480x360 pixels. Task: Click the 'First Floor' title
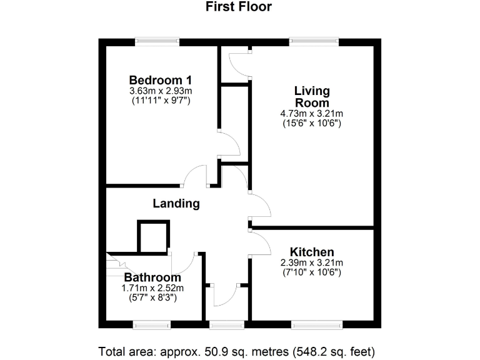[x=239, y=7]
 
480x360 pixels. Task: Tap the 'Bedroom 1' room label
[x=160, y=80]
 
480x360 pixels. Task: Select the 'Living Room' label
[x=312, y=97]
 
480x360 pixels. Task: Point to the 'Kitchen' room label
[x=311, y=252]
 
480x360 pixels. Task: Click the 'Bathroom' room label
[x=152, y=277]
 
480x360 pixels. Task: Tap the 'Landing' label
[x=176, y=203]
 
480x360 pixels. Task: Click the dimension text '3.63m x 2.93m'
[x=160, y=91]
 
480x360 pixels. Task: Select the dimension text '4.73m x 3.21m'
[x=312, y=114]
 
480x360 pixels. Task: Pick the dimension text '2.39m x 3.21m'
[x=311, y=262]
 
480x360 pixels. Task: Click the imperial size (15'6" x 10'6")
[x=312, y=123]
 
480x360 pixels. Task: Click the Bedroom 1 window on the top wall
[x=158, y=42]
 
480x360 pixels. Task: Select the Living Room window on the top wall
[x=314, y=42]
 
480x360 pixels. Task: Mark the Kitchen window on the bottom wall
[x=317, y=324]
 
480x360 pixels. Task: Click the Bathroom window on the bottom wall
[x=152, y=324]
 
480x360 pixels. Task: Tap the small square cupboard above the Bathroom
[x=152, y=237]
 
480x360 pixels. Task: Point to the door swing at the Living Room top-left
[x=239, y=65]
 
